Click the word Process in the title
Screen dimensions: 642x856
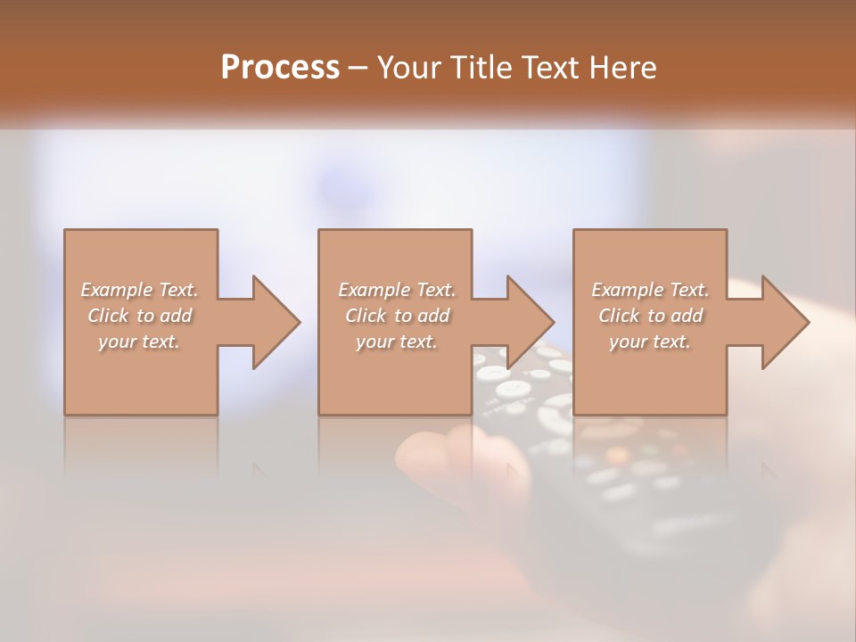pos(280,68)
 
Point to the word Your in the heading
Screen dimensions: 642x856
pos(408,68)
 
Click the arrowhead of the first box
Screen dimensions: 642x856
pos(276,323)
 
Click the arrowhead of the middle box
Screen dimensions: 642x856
pos(531,323)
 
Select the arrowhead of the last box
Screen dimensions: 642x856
pos(785,323)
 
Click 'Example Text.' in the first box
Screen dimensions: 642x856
pos(139,290)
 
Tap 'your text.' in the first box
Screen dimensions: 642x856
pos(139,342)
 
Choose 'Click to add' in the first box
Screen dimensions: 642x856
pos(139,316)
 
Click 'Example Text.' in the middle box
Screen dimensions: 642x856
pos(397,290)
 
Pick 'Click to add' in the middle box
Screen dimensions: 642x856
pos(397,316)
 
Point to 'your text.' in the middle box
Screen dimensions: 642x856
pos(397,342)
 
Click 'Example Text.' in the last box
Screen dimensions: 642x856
pos(650,290)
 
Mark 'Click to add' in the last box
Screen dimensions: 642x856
pos(650,316)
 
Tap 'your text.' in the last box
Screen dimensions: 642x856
pos(650,342)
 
